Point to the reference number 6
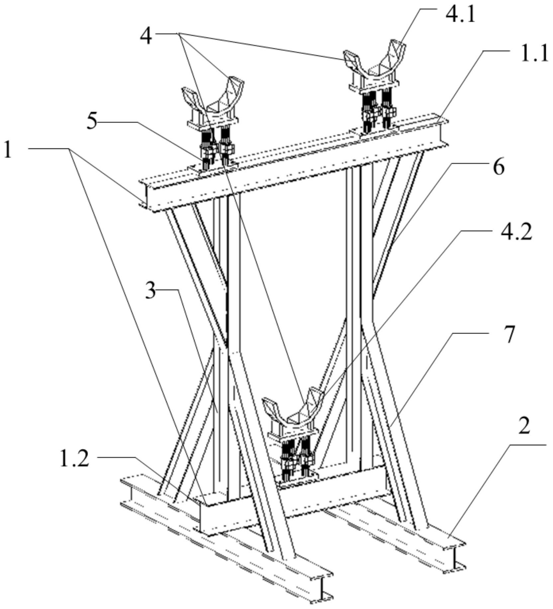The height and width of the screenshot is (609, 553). pos(498,167)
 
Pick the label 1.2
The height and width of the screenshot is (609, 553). pos(74,459)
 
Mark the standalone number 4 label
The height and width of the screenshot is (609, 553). pos(146,36)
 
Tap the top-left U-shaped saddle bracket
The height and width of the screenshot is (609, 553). pos(212,101)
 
